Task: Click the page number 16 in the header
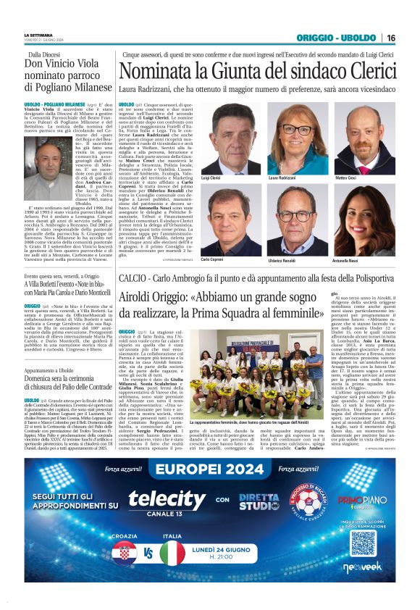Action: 390,38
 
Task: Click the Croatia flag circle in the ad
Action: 125,553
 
